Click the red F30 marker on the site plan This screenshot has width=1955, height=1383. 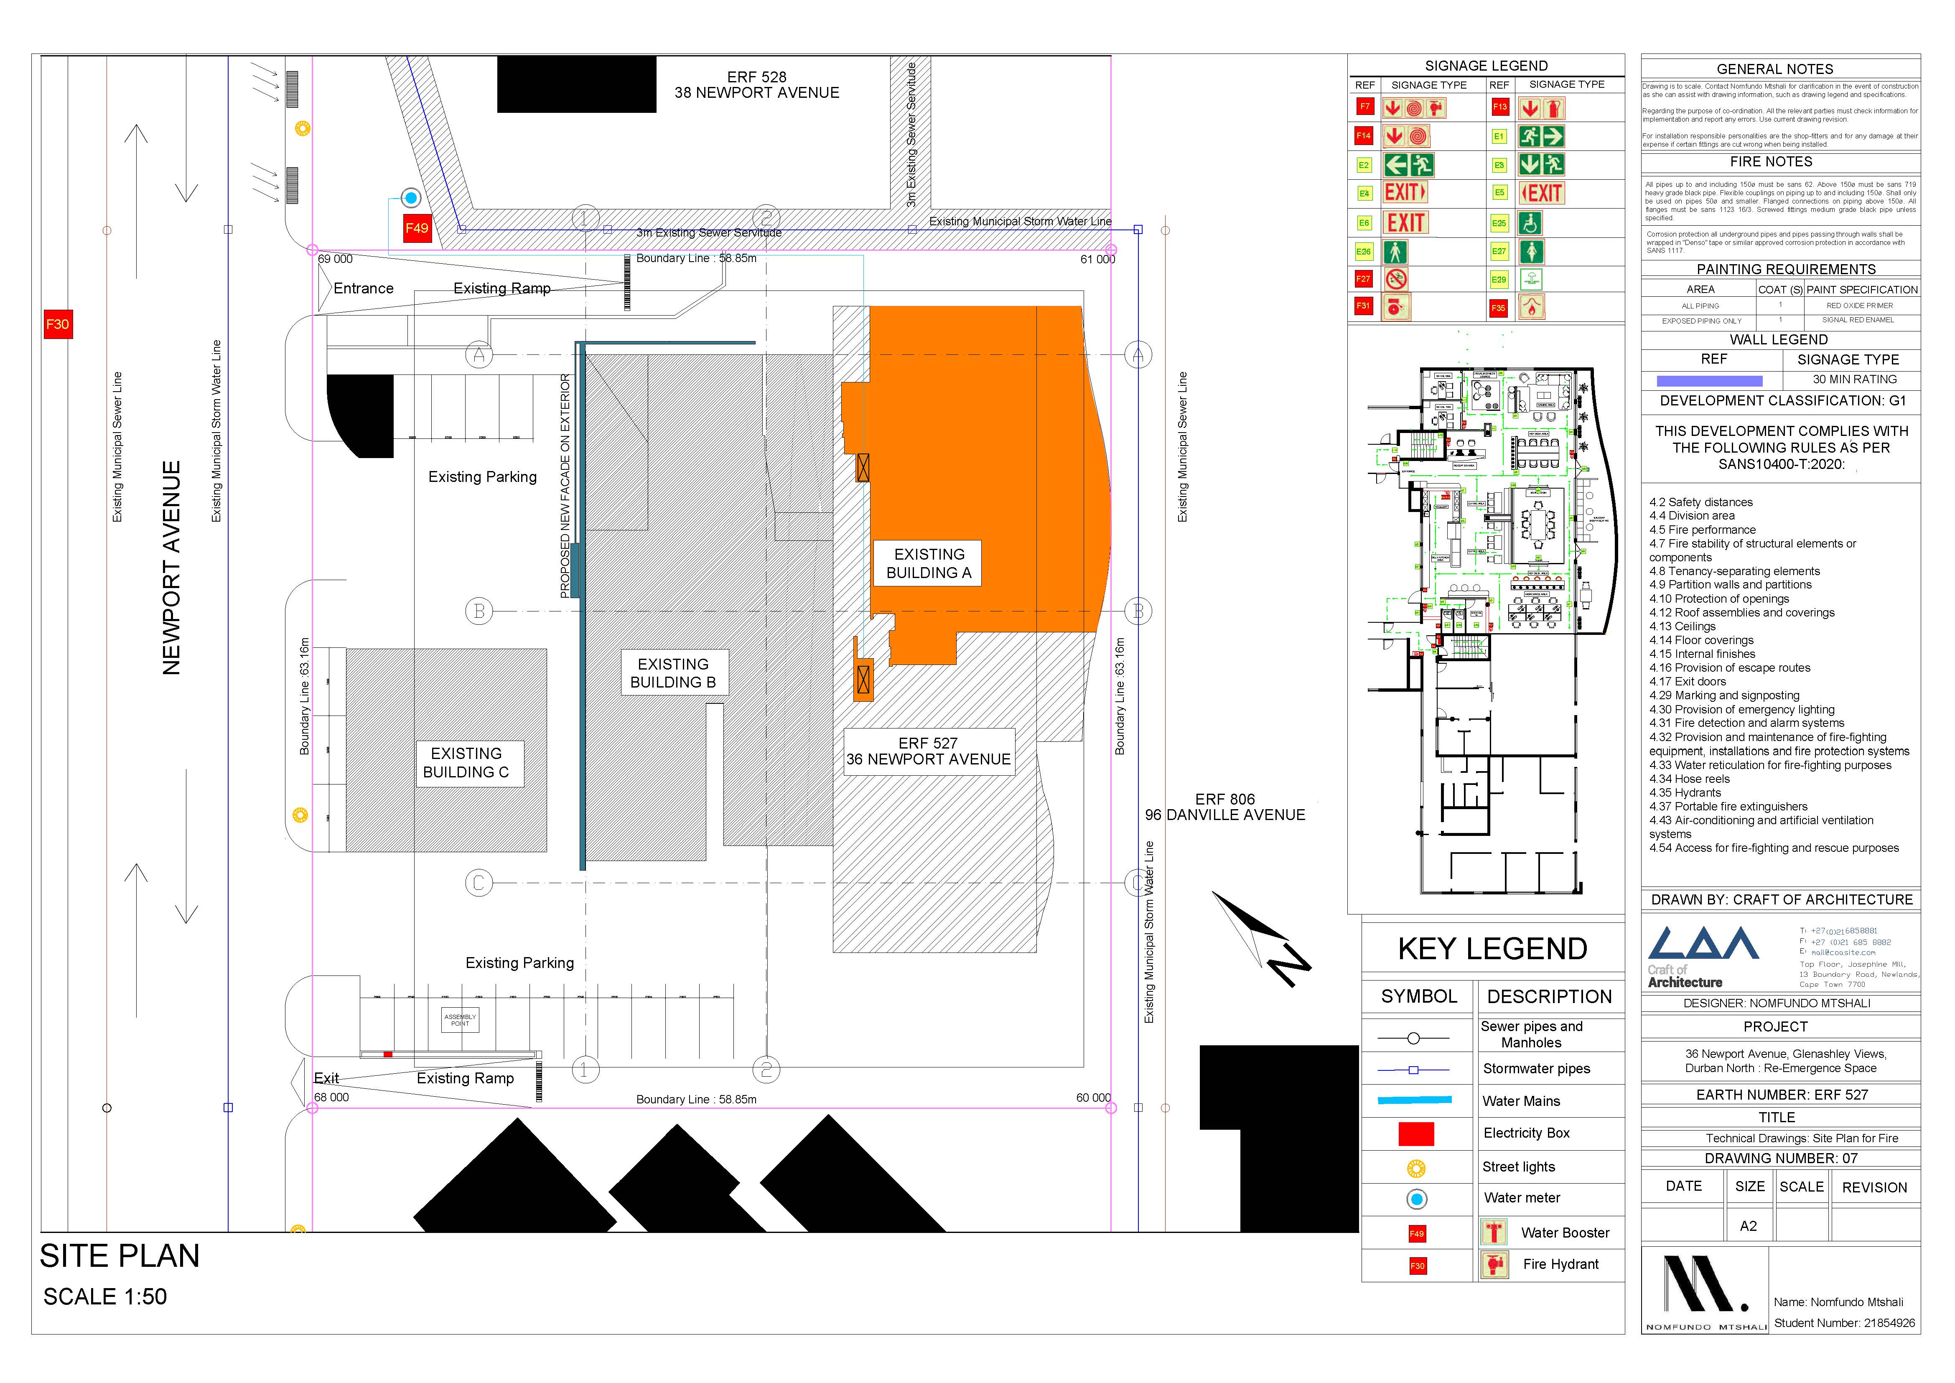point(57,324)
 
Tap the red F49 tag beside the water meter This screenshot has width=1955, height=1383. point(416,228)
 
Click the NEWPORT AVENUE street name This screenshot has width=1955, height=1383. point(172,568)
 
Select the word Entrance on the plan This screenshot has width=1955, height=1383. point(364,289)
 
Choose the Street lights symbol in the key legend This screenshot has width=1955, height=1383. point(1416,1169)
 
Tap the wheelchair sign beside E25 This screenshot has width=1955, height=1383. point(1530,223)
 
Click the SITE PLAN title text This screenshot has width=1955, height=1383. point(120,1256)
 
